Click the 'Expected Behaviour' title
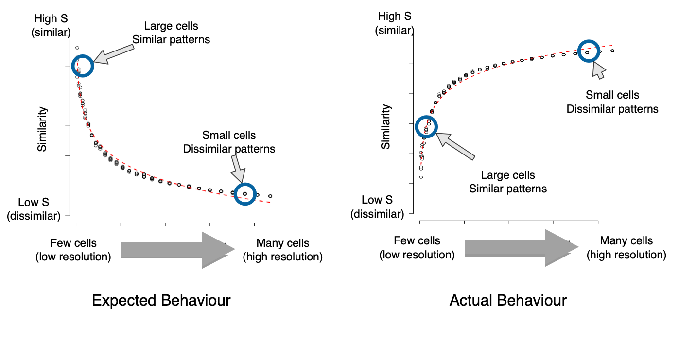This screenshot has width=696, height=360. coord(161,300)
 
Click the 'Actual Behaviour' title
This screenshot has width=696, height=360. coord(508,300)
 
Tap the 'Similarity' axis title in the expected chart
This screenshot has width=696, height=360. coord(42,129)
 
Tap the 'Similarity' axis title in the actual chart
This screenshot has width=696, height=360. coord(385,127)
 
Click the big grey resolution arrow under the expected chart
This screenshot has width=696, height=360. coord(177,250)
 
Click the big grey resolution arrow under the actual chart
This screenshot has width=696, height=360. coord(521,248)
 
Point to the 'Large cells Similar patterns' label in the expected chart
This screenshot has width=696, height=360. coord(171,33)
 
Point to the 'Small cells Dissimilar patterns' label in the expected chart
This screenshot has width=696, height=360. coord(229,142)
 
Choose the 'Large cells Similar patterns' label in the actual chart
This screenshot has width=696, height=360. coord(508,182)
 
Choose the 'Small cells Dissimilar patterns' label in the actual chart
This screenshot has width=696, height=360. coord(612,102)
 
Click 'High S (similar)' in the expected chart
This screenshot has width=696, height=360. coord(51,25)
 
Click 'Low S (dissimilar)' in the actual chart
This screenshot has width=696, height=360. coord(377,206)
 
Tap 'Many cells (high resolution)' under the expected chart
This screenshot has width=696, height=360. coord(283,250)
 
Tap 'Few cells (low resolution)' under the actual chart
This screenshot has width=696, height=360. coord(417,248)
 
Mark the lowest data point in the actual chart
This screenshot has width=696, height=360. coord(421,177)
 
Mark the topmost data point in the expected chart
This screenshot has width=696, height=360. coord(77,48)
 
